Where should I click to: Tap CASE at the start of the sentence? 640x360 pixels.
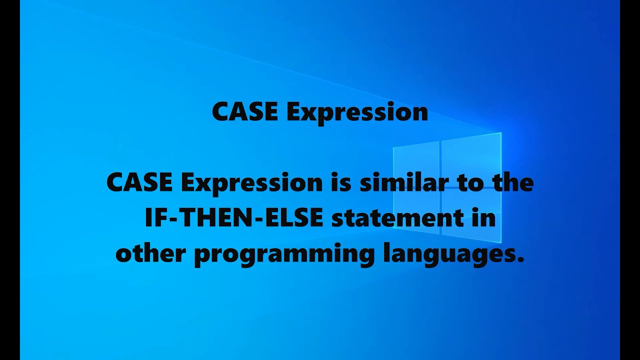point(139,183)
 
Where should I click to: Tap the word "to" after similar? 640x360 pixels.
point(469,183)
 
